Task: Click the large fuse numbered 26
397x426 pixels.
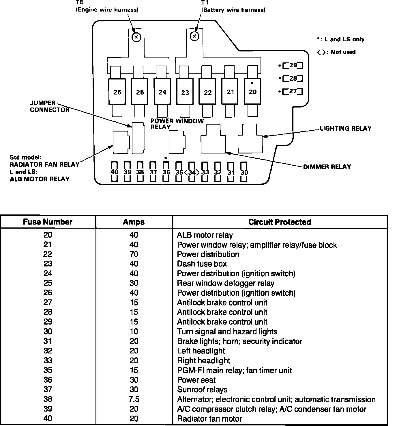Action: (117, 92)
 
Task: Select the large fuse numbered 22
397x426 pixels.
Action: (207, 92)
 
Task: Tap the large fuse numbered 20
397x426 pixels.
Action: (252, 91)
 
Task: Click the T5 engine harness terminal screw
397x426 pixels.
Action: (136, 37)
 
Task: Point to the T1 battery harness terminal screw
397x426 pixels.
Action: (195, 36)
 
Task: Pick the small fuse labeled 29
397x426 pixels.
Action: (293, 66)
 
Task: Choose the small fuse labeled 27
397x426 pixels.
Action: (293, 92)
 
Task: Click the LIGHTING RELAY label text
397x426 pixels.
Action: (346, 129)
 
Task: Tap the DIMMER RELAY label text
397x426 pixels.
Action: (327, 167)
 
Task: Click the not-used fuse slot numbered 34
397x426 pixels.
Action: (192, 172)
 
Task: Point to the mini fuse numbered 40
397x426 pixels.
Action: (115, 172)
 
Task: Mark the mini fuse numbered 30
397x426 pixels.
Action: (244, 172)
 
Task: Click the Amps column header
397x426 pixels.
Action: (134, 222)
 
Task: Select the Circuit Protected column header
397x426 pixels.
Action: (280, 222)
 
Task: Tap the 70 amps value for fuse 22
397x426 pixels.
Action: (134, 254)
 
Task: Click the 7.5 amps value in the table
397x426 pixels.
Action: (134, 399)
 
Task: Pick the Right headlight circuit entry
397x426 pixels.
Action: (203, 361)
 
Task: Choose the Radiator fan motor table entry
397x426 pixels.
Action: (209, 419)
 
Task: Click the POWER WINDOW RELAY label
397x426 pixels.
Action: (177, 124)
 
